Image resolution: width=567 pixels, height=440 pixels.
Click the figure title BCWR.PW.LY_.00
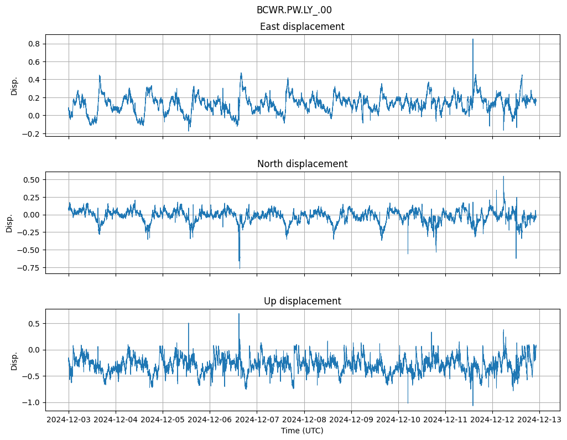point(294,10)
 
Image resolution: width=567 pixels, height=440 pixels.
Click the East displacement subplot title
point(302,27)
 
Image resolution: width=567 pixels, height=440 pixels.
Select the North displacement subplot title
point(302,164)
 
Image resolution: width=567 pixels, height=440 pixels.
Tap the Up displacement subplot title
point(302,301)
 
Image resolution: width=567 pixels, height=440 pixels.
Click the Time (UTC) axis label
point(302,431)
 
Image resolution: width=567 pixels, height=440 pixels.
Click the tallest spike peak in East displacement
point(472,39)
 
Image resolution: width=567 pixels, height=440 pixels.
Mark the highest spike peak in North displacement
point(503,177)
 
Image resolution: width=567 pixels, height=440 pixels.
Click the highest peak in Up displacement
point(239,314)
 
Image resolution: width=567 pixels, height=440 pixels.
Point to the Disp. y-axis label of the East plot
point(14,86)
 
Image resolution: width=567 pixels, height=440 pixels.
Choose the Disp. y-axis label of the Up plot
point(14,360)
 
